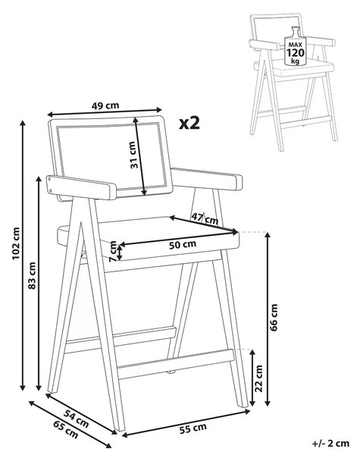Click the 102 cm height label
(x=16, y=243)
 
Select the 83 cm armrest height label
(x=32, y=275)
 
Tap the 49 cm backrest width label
(x=105, y=105)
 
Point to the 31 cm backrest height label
(x=133, y=155)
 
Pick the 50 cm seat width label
(x=183, y=245)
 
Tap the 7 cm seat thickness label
(x=113, y=251)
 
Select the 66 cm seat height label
(x=274, y=317)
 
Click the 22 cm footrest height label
(x=258, y=378)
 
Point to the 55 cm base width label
(x=193, y=428)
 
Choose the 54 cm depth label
(x=76, y=419)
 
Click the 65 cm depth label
(x=66, y=429)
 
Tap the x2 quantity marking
(x=189, y=124)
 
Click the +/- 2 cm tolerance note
(x=330, y=443)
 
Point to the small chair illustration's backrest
(x=277, y=28)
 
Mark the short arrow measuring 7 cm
(x=120, y=251)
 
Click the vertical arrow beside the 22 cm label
(x=252, y=378)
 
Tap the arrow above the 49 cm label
(x=105, y=111)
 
